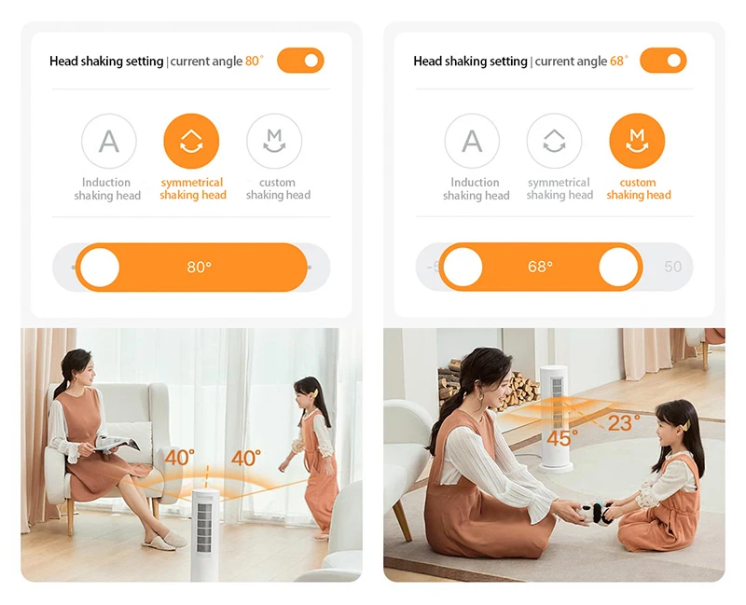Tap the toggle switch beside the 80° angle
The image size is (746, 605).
pos(300,61)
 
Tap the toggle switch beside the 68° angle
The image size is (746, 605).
pos(663,61)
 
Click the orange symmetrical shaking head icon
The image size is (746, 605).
pos(191,142)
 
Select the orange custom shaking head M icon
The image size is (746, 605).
pos(637,142)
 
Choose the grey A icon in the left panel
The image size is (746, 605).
pos(109,142)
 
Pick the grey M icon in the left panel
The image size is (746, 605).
pos(274,142)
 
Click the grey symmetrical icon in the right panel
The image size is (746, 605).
pos(554,142)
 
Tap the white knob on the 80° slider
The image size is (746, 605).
pos(100,268)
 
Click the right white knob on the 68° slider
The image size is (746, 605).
pos(618,267)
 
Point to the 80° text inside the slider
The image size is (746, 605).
pos(199,268)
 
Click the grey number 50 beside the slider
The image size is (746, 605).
pos(672,267)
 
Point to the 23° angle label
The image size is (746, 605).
pos(624,423)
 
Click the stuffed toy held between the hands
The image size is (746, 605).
pos(597,514)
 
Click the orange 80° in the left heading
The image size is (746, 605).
pos(254,61)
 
